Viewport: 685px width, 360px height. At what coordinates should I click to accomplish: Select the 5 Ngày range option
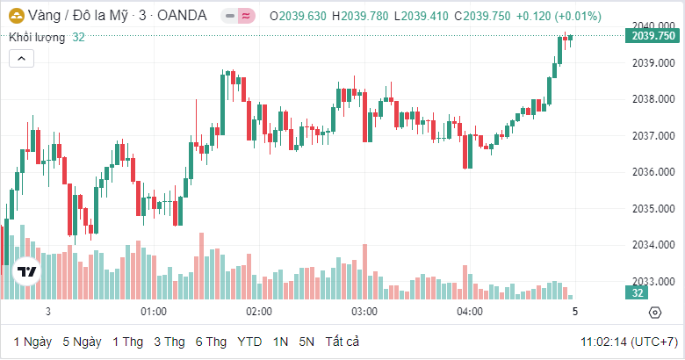[x=82, y=342]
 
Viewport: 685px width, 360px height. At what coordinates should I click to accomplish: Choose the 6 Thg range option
[x=211, y=342]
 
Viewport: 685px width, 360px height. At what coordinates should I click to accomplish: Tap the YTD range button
[x=249, y=342]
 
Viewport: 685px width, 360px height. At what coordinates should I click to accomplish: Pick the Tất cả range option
[x=342, y=342]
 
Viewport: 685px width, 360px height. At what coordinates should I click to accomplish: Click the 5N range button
[x=306, y=342]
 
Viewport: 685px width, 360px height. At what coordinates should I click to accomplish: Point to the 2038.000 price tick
[x=651, y=99]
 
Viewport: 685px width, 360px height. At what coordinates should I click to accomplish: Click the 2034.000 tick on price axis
[x=651, y=245]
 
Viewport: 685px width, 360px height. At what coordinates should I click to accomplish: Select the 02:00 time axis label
[x=259, y=312]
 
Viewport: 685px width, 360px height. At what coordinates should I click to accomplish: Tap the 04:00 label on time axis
[x=470, y=312]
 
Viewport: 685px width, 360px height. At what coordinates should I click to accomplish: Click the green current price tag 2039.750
[x=653, y=36]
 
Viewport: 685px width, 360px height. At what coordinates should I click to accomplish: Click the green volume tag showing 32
[x=637, y=292]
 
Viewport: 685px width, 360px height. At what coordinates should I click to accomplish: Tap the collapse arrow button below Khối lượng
[x=21, y=58]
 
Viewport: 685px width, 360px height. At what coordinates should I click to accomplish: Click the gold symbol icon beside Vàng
[x=17, y=15]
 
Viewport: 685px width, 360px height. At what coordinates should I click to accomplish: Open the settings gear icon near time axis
[x=655, y=313]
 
